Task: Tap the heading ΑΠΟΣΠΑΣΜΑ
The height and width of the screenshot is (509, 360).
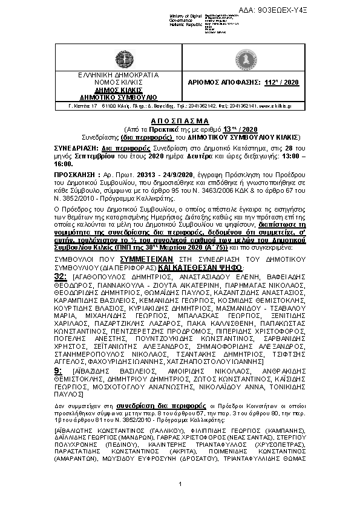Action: pos(180,121)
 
